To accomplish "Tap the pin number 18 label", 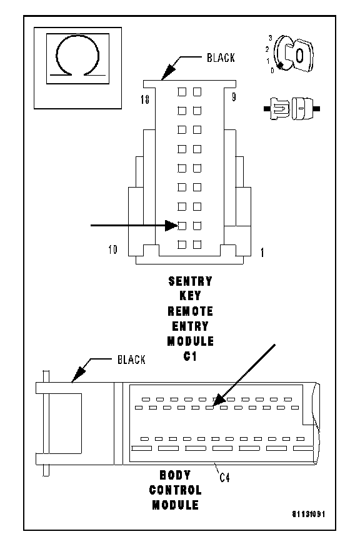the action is [145, 99].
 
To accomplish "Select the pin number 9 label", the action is [234, 97].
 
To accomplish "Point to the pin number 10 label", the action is [112, 249].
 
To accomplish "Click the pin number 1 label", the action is [262, 252].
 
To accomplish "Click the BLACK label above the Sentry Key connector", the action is [221, 58].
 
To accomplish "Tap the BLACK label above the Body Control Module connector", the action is [131, 360].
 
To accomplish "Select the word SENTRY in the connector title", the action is [191, 281].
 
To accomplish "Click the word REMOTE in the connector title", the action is [191, 311].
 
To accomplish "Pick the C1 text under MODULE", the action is [190, 356].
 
